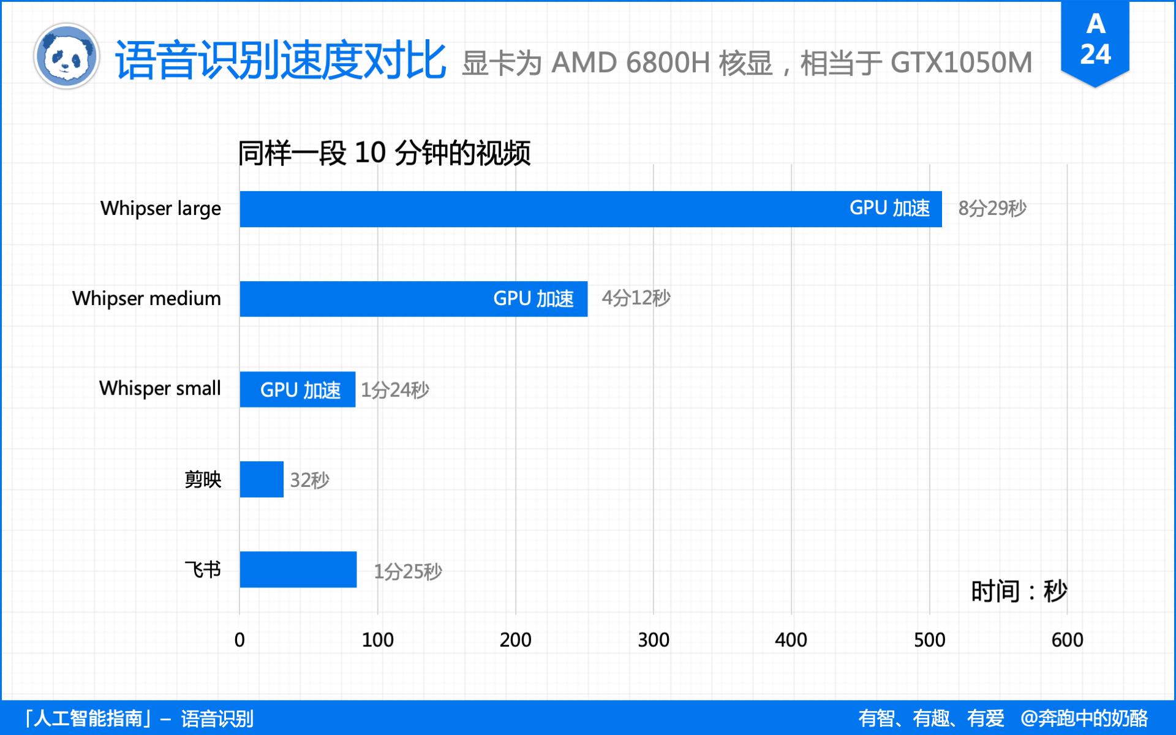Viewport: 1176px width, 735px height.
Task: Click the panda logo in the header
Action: (x=66, y=56)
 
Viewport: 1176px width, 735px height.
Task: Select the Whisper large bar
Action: (x=590, y=209)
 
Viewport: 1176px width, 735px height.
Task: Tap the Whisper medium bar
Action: (x=413, y=299)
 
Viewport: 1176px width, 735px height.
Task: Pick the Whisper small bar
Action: (x=298, y=389)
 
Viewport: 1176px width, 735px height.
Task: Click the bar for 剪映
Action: (x=262, y=479)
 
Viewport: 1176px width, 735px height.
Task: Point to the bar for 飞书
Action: (x=298, y=569)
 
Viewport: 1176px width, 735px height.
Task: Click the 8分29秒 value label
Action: (x=992, y=209)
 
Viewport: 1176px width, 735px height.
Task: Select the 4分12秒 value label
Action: (x=636, y=298)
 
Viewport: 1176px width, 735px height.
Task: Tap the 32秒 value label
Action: (x=309, y=480)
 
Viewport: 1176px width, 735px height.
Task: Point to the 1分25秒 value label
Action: (x=408, y=571)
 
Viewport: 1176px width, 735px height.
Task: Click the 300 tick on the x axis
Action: (x=654, y=640)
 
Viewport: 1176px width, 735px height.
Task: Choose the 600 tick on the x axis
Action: (x=1067, y=640)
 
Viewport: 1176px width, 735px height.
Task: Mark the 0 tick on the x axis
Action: (x=239, y=640)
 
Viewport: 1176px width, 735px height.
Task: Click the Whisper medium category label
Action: (x=146, y=298)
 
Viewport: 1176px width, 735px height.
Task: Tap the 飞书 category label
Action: (x=203, y=570)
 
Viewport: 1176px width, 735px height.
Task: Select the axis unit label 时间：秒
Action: (x=1019, y=592)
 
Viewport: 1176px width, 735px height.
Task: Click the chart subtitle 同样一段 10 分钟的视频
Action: (x=384, y=153)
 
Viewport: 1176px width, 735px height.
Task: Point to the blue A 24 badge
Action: (x=1095, y=40)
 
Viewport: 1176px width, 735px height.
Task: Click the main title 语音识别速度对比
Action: (x=281, y=60)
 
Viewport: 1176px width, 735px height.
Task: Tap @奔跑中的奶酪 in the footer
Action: (x=1084, y=718)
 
